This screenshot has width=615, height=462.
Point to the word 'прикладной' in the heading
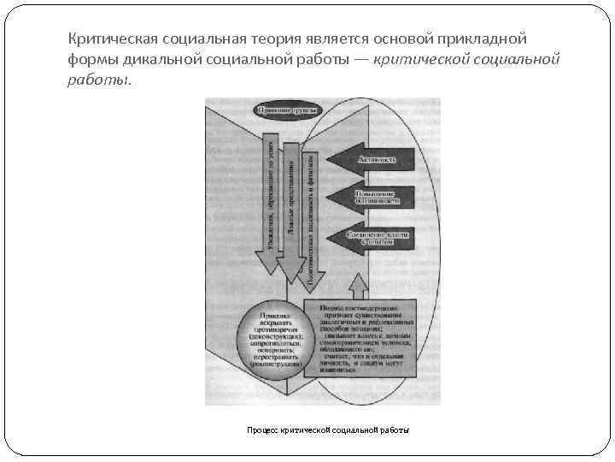pyautogui.click(x=484, y=40)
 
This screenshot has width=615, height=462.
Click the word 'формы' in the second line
pyautogui.click(x=91, y=60)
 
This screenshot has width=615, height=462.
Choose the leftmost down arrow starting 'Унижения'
pyautogui.click(x=271, y=205)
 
